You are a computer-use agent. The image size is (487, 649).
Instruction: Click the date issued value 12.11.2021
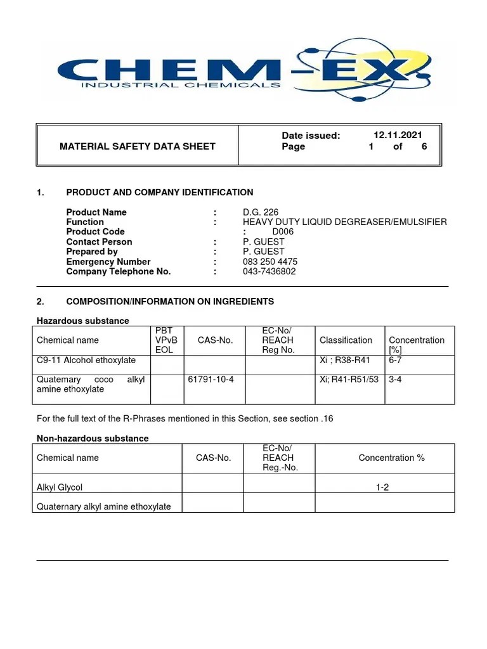[x=398, y=135]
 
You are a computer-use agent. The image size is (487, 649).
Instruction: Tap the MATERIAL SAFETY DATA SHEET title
[x=138, y=146]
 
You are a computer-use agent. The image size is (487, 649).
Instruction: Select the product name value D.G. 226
[x=261, y=212]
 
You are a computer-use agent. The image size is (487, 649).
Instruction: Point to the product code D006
[x=283, y=232]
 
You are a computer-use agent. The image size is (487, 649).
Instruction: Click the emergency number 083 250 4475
[x=270, y=262]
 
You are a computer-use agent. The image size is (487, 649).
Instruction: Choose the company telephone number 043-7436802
[x=269, y=272]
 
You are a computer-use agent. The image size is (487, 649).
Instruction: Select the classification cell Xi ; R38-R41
[x=346, y=360]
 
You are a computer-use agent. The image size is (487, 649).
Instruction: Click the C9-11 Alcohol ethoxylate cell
[x=86, y=360]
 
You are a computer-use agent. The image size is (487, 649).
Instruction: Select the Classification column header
[x=346, y=340]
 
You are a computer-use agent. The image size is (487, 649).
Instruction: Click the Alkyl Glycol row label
[x=60, y=487]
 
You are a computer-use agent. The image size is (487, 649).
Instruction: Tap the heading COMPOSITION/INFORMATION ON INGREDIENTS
[x=170, y=302]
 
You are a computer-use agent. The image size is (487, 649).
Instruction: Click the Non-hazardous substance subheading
[x=93, y=439]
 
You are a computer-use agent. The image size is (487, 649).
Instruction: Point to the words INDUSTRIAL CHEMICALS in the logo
[x=181, y=84]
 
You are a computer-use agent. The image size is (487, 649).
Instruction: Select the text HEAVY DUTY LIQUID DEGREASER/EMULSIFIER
[x=344, y=222]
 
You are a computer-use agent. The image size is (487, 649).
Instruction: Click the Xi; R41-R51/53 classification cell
[x=349, y=380]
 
